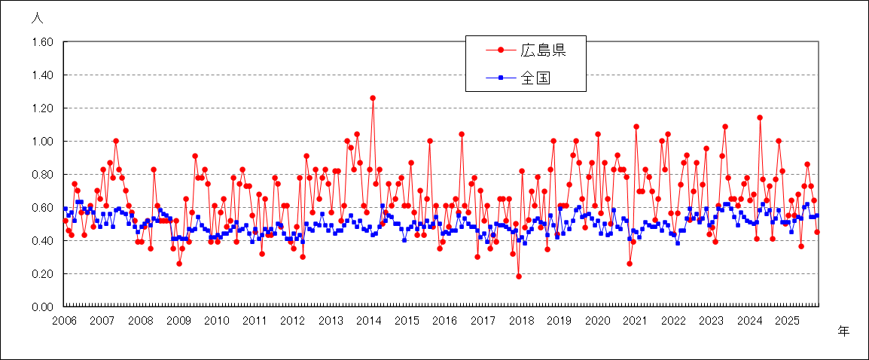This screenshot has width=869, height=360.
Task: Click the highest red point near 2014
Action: [x=373, y=98]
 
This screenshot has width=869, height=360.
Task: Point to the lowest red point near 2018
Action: [x=519, y=276]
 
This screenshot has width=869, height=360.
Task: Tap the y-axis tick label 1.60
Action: [x=41, y=42]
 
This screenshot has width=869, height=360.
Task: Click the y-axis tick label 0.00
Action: [x=41, y=307]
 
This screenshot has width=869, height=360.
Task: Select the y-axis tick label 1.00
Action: [x=41, y=142]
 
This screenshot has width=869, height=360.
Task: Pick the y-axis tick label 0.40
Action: [x=41, y=240]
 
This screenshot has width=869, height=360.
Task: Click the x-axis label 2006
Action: [x=64, y=320]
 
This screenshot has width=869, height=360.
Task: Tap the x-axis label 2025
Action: [x=787, y=320]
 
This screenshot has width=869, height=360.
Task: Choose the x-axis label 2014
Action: [x=368, y=320]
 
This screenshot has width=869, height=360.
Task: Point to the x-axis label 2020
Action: [x=597, y=320]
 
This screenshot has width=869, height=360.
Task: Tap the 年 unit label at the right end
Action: [x=843, y=331]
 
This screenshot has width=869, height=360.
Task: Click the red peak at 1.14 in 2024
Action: [x=760, y=117]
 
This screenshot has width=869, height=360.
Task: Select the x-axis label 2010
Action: [x=216, y=320]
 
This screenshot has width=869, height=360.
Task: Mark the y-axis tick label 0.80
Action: [x=41, y=175]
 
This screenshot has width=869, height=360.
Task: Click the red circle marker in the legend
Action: [x=500, y=50]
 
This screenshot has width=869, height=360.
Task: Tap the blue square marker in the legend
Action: [x=500, y=77]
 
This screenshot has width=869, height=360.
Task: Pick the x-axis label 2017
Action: [x=483, y=320]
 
